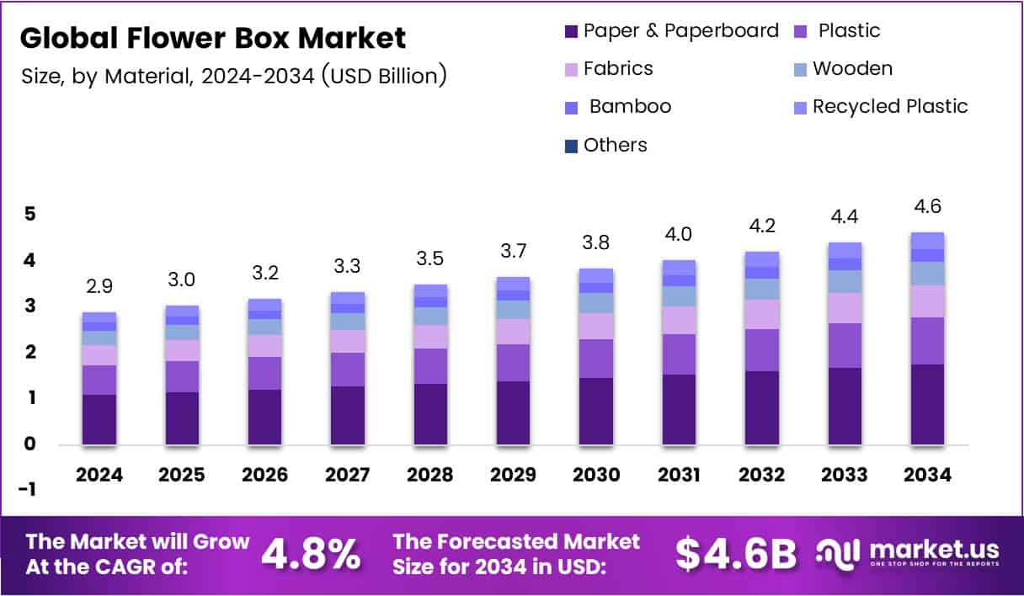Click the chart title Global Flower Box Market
pyautogui.click(x=212, y=38)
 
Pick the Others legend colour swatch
pyautogui.click(x=570, y=146)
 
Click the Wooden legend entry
pyautogui.click(x=852, y=69)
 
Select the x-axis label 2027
pyautogui.click(x=347, y=475)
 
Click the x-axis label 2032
pyautogui.click(x=761, y=475)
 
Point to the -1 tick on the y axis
pyautogui.click(x=29, y=490)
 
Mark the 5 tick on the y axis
pyautogui.click(x=29, y=215)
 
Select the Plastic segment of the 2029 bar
pyautogui.click(x=513, y=363)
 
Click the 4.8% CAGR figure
pyautogui.click(x=312, y=553)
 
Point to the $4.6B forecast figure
pyautogui.click(x=736, y=553)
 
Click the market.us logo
pyautogui.click(x=908, y=553)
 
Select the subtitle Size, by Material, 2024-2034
pyautogui.click(x=233, y=77)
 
